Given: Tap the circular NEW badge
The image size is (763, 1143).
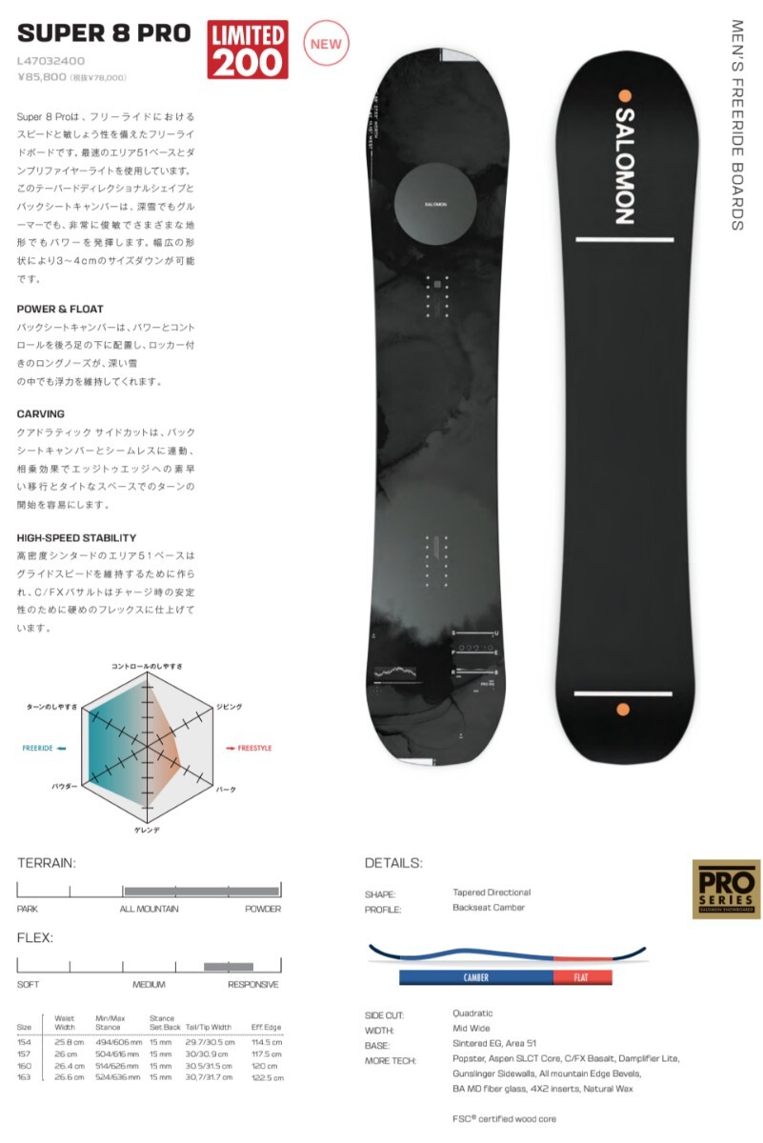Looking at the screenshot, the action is (x=326, y=44).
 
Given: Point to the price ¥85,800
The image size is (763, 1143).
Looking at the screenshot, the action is (x=42, y=77).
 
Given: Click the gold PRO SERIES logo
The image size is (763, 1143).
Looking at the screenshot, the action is (x=726, y=889).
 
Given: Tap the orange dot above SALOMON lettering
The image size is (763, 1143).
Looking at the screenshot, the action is (x=625, y=95).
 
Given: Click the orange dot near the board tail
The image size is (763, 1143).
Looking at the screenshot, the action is (x=624, y=709).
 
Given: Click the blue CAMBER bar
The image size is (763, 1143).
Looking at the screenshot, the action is (x=475, y=977).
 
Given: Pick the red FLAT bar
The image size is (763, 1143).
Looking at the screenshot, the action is (x=582, y=977).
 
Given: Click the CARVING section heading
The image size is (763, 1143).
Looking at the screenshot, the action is (x=41, y=414).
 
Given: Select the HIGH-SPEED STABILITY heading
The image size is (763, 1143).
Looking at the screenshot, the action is (x=76, y=538).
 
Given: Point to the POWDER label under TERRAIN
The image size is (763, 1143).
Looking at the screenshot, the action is (x=262, y=909).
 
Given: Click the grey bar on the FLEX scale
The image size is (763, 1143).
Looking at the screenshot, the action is (x=229, y=967).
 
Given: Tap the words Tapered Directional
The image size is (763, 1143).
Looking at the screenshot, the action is (x=492, y=892).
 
